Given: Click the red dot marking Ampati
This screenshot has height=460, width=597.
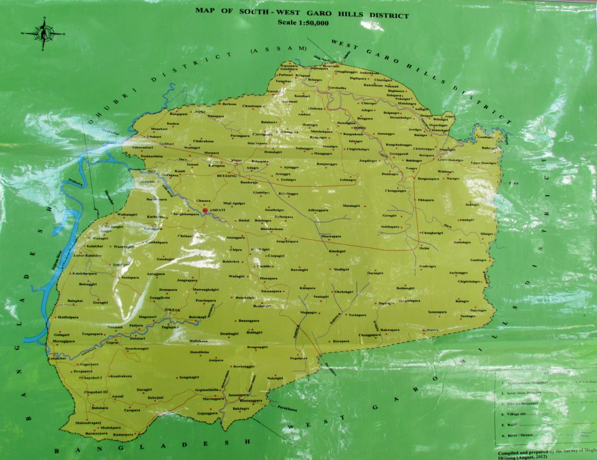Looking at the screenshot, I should click(205, 211).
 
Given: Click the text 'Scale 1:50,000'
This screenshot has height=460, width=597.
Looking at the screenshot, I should click(302, 23).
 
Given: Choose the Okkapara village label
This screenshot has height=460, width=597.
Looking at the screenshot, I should click(426, 200).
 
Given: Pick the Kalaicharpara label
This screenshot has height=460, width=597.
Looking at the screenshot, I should click(86, 274).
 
